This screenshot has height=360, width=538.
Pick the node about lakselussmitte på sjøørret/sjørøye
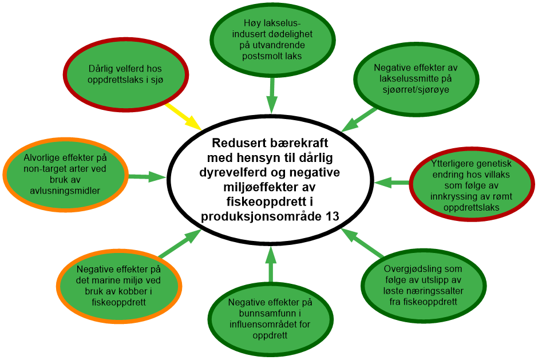coord(416,79)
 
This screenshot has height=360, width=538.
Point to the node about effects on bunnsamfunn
coord(269,318)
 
